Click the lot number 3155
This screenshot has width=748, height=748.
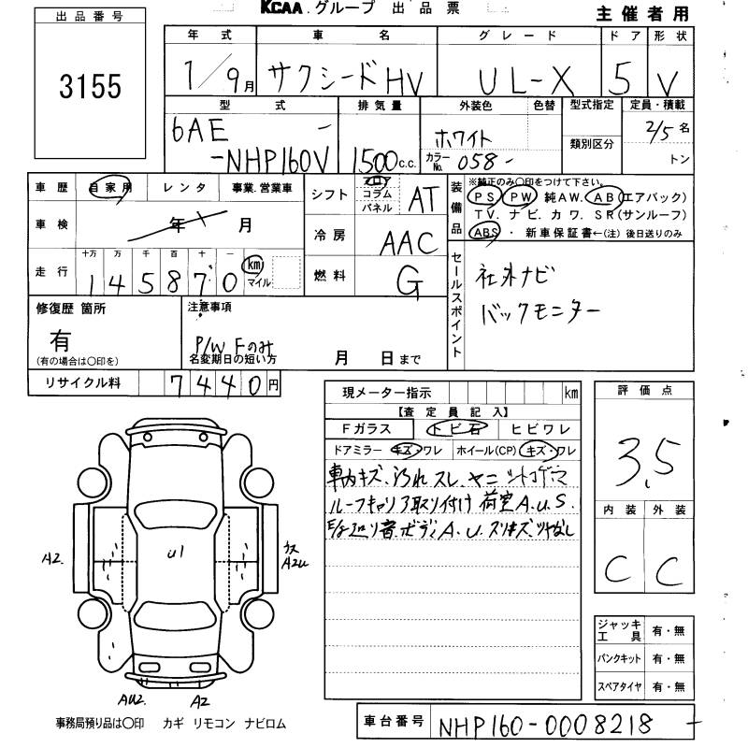point(91,87)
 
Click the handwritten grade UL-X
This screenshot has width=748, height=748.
point(529,79)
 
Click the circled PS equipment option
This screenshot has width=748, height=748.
point(483,197)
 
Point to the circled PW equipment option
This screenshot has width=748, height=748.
point(518,197)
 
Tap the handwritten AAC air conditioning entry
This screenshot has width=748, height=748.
point(410,244)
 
